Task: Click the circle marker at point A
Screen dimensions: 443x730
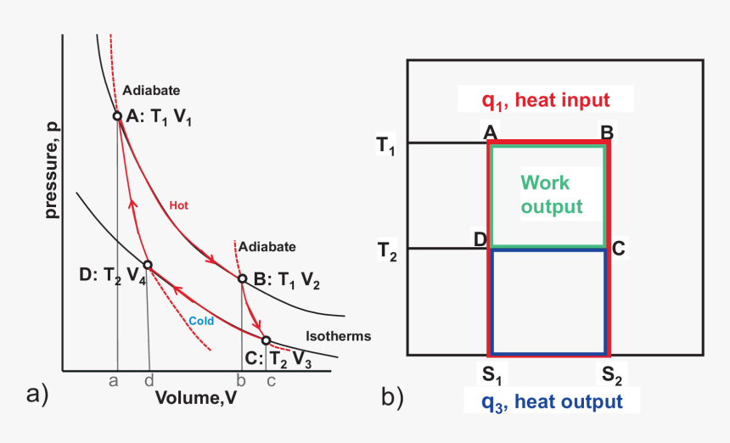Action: click(x=117, y=116)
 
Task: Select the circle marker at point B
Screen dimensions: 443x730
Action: click(x=242, y=278)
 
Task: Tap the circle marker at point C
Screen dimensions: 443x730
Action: click(x=266, y=341)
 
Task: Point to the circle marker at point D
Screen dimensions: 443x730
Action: click(x=147, y=265)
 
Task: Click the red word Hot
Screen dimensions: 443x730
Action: click(x=178, y=205)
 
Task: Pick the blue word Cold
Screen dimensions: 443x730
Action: click(x=201, y=321)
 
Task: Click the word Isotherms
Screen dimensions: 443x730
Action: click(x=338, y=336)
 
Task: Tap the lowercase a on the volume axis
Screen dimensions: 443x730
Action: click(x=113, y=381)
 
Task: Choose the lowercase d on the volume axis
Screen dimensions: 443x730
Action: click(x=149, y=381)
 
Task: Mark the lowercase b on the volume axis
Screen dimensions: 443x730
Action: click(x=241, y=381)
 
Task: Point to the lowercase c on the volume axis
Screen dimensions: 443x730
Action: click(x=271, y=381)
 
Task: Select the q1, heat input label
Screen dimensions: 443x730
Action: click(x=546, y=100)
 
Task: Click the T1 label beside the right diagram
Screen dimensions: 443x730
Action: click(x=386, y=146)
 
